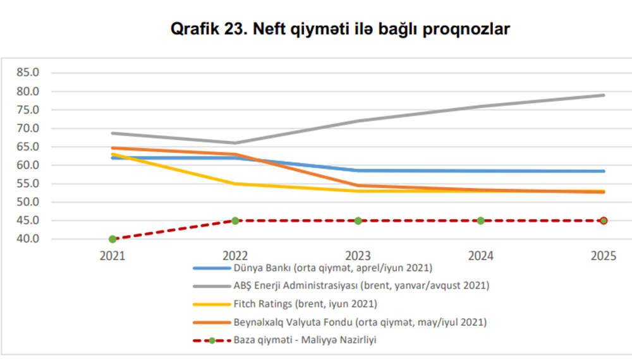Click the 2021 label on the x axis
point(112,257)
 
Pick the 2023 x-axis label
point(358,257)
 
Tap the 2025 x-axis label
point(603,257)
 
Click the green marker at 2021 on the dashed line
point(112,239)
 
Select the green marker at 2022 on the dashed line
point(235,220)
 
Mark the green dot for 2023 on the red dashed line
point(358,220)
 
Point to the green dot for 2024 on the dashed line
point(480,220)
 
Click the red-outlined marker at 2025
point(604,220)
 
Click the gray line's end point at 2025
point(604,95)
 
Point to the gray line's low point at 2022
point(235,143)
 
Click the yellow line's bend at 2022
point(235,184)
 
